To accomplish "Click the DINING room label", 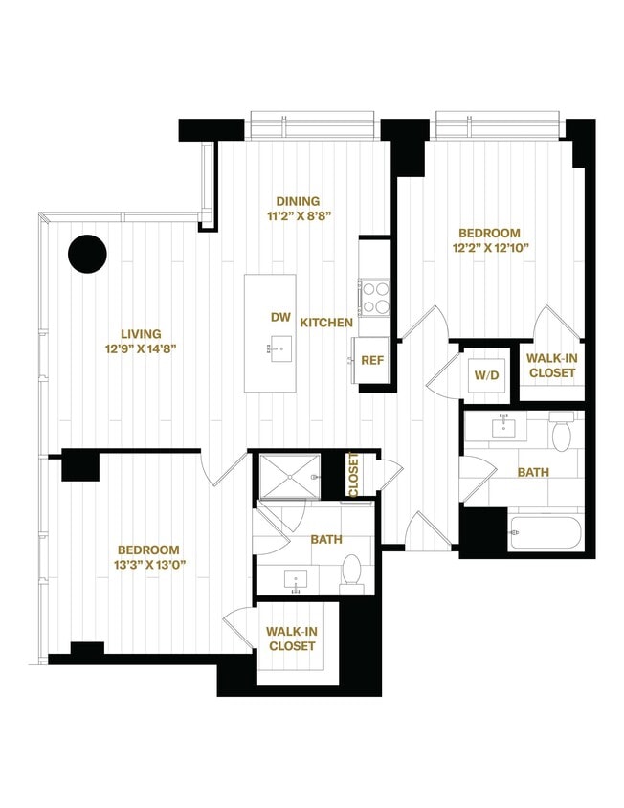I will click(298, 201).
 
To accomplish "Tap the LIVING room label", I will click(141, 333).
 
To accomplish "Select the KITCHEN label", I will click(326, 324).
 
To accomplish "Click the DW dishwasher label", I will click(281, 316).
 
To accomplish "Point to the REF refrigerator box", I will click(372, 361).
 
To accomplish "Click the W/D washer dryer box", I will click(483, 374).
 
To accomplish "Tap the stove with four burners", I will click(374, 297).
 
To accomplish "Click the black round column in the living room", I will click(87, 254).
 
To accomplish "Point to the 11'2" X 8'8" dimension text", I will click(298, 216).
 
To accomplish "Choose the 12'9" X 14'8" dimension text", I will click(141, 348).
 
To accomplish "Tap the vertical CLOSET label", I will click(353, 476).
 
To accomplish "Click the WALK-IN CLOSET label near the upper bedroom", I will click(552, 365).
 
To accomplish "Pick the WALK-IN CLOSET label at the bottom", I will click(292, 639).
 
